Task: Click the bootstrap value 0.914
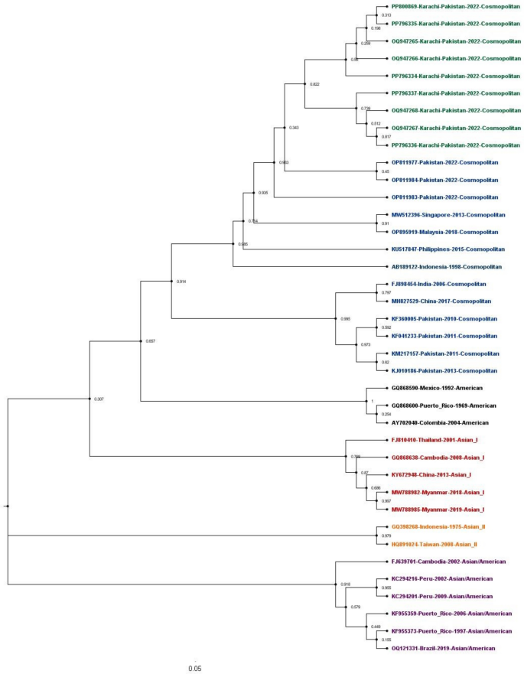[x=181, y=282]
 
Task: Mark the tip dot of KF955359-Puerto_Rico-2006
[x=387, y=614]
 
